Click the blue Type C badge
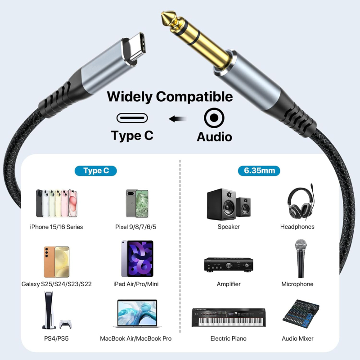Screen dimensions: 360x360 [x=95, y=171]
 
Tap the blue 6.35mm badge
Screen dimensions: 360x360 [x=259, y=171]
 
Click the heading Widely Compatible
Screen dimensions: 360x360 [x=170, y=96]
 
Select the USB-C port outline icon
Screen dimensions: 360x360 [x=132, y=118]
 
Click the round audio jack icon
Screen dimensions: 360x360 [x=214, y=118]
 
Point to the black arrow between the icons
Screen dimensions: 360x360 [x=178, y=119]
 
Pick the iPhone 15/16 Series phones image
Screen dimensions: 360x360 [x=57, y=203]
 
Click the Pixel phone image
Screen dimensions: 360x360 [x=137, y=203]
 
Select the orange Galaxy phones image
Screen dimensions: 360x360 [x=57, y=261]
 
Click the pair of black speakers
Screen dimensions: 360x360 [x=228, y=204]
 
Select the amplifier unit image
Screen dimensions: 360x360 [x=228, y=265]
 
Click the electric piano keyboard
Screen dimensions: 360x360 [x=228, y=317]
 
